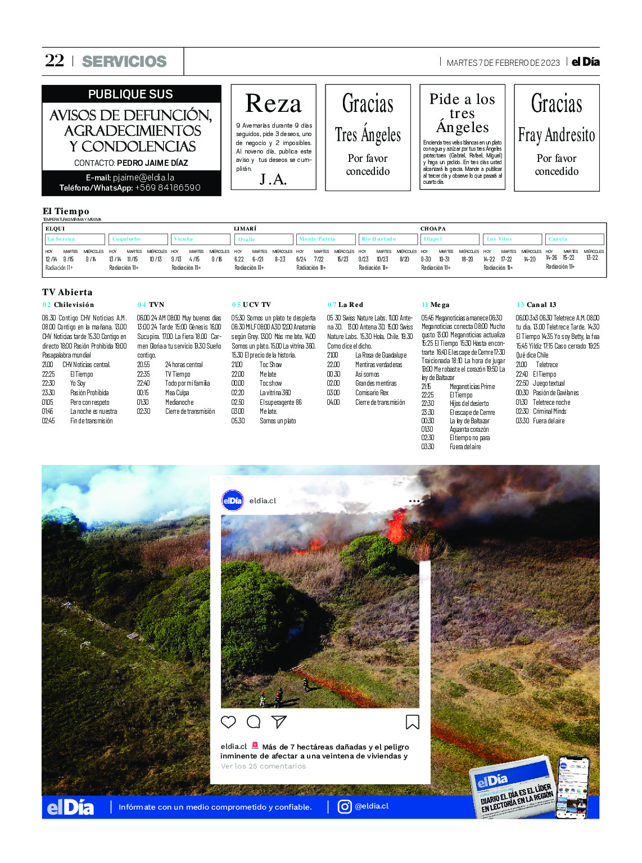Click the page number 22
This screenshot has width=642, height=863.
coord(55,61)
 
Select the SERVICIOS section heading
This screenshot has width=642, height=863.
coord(124,62)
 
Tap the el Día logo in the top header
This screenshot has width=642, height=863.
coord(586,62)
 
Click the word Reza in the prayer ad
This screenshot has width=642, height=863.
coord(273,104)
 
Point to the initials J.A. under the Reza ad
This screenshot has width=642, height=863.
coord(273,179)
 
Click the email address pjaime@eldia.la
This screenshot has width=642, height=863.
coord(143,178)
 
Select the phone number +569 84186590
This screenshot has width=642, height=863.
coord(168,188)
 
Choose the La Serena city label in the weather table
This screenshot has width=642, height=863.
coord(61,240)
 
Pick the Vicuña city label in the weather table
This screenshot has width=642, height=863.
coord(183,240)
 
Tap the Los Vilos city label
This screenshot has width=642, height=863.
coord(499,240)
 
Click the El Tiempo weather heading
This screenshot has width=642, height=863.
coord(66,211)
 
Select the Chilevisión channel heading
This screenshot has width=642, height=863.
coord(74,305)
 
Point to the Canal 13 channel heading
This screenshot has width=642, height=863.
coord(541,305)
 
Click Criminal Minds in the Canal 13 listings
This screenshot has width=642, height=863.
coord(549,412)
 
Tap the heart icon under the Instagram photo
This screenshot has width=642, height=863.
coord(228,722)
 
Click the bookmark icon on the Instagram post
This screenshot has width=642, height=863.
coord(412,722)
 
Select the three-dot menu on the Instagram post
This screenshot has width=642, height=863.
coord(414,501)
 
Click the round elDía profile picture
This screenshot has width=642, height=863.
coord(233,500)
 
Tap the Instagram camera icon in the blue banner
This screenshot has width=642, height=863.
coord(345,807)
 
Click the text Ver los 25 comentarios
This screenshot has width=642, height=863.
coord(263,766)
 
